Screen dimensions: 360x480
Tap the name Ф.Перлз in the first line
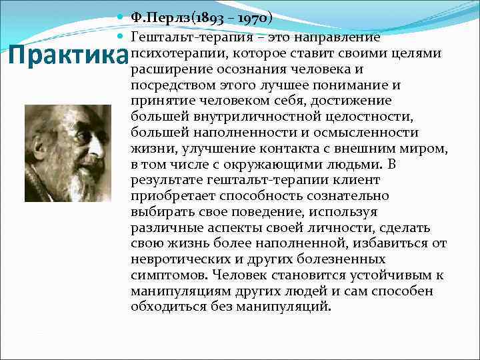point(159,18)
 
